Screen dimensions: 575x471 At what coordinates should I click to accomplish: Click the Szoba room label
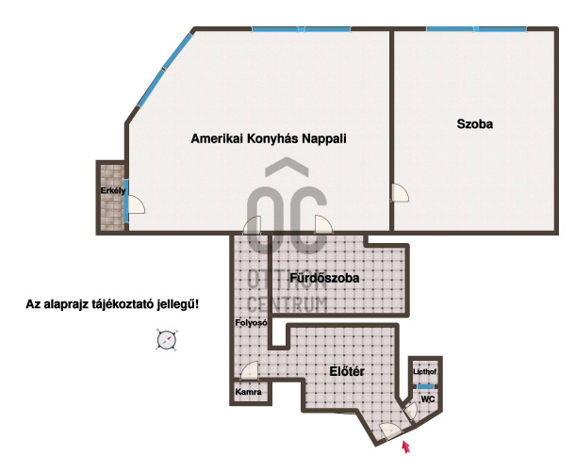coord(474,124)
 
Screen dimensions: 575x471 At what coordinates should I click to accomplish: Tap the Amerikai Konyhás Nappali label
coord(269,138)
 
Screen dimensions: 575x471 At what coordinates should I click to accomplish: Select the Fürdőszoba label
coord(324,278)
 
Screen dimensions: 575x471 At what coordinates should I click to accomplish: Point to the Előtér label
coord(347,371)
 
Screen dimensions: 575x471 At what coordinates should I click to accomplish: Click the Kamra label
coord(248,392)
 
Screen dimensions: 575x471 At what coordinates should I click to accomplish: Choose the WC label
coord(428,398)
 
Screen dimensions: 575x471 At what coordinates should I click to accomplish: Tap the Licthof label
coord(424,372)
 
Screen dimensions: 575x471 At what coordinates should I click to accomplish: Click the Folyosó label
coord(251,323)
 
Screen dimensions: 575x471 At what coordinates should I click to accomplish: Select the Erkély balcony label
coord(113,190)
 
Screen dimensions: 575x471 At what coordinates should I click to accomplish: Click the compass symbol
coord(167,340)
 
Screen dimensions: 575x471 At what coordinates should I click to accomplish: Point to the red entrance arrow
coord(405,447)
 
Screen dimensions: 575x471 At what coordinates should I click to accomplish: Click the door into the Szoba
coord(400,192)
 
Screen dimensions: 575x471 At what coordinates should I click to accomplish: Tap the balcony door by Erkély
coord(136,204)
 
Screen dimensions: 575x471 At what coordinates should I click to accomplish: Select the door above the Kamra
coord(250,370)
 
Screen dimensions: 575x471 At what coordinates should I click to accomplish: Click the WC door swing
coord(411,412)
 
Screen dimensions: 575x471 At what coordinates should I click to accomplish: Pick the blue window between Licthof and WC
coord(425,387)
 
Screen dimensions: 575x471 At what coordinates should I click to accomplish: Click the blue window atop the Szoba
coord(476,29)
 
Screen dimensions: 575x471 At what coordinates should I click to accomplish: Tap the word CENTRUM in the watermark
coord(287,304)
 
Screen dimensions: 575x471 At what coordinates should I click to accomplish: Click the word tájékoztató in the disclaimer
coord(123,304)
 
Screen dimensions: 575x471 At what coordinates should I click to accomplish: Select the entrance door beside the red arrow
coord(390,431)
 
